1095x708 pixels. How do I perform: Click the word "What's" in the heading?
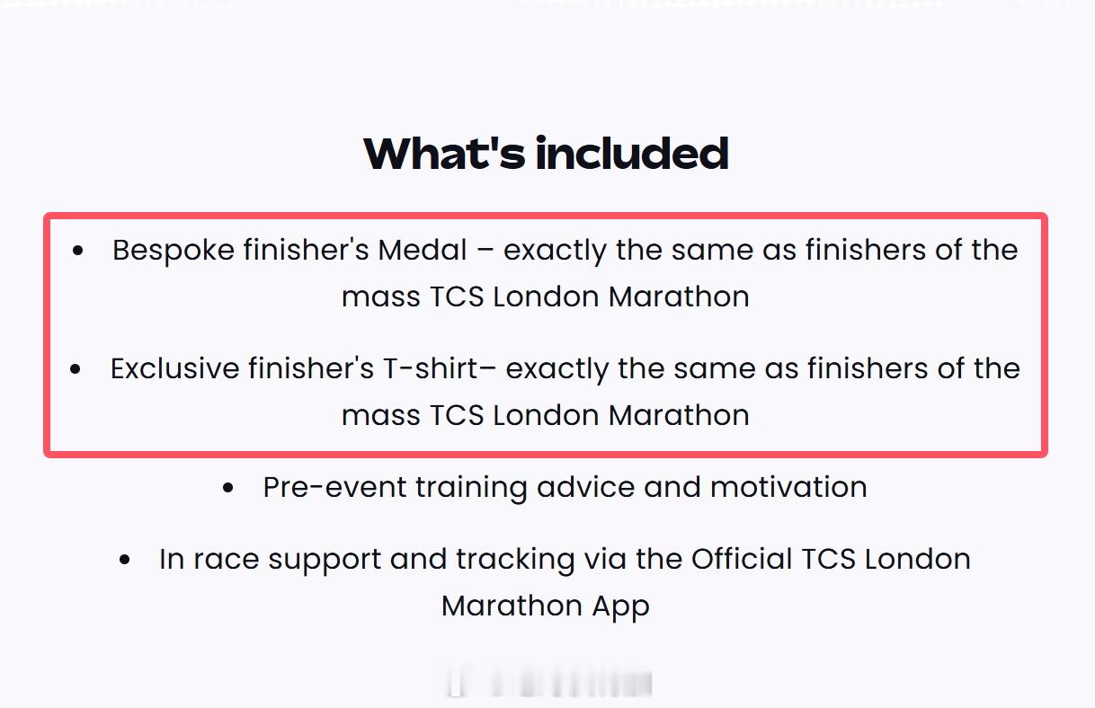[x=444, y=153]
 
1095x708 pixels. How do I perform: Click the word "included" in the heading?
[x=632, y=153]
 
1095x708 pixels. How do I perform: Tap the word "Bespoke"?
[x=174, y=251]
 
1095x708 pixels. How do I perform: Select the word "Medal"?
[x=423, y=250]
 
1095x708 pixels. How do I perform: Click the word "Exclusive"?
[x=174, y=368]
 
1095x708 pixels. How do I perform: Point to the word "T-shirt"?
[x=430, y=368]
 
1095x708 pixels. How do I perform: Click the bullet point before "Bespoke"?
[x=77, y=251]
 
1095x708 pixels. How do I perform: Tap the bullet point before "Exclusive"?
[x=76, y=369]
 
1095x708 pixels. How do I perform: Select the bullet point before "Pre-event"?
[x=227, y=487]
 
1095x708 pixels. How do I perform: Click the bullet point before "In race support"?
[x=125, y=560]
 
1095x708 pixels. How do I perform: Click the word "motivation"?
[x=788, y=487]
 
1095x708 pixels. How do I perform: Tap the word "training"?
[x=471, y=489]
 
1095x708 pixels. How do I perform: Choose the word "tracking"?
[x=515, y=561]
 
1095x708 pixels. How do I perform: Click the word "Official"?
[x=742, y=559]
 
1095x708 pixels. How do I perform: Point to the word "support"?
[x=325, y=561]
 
